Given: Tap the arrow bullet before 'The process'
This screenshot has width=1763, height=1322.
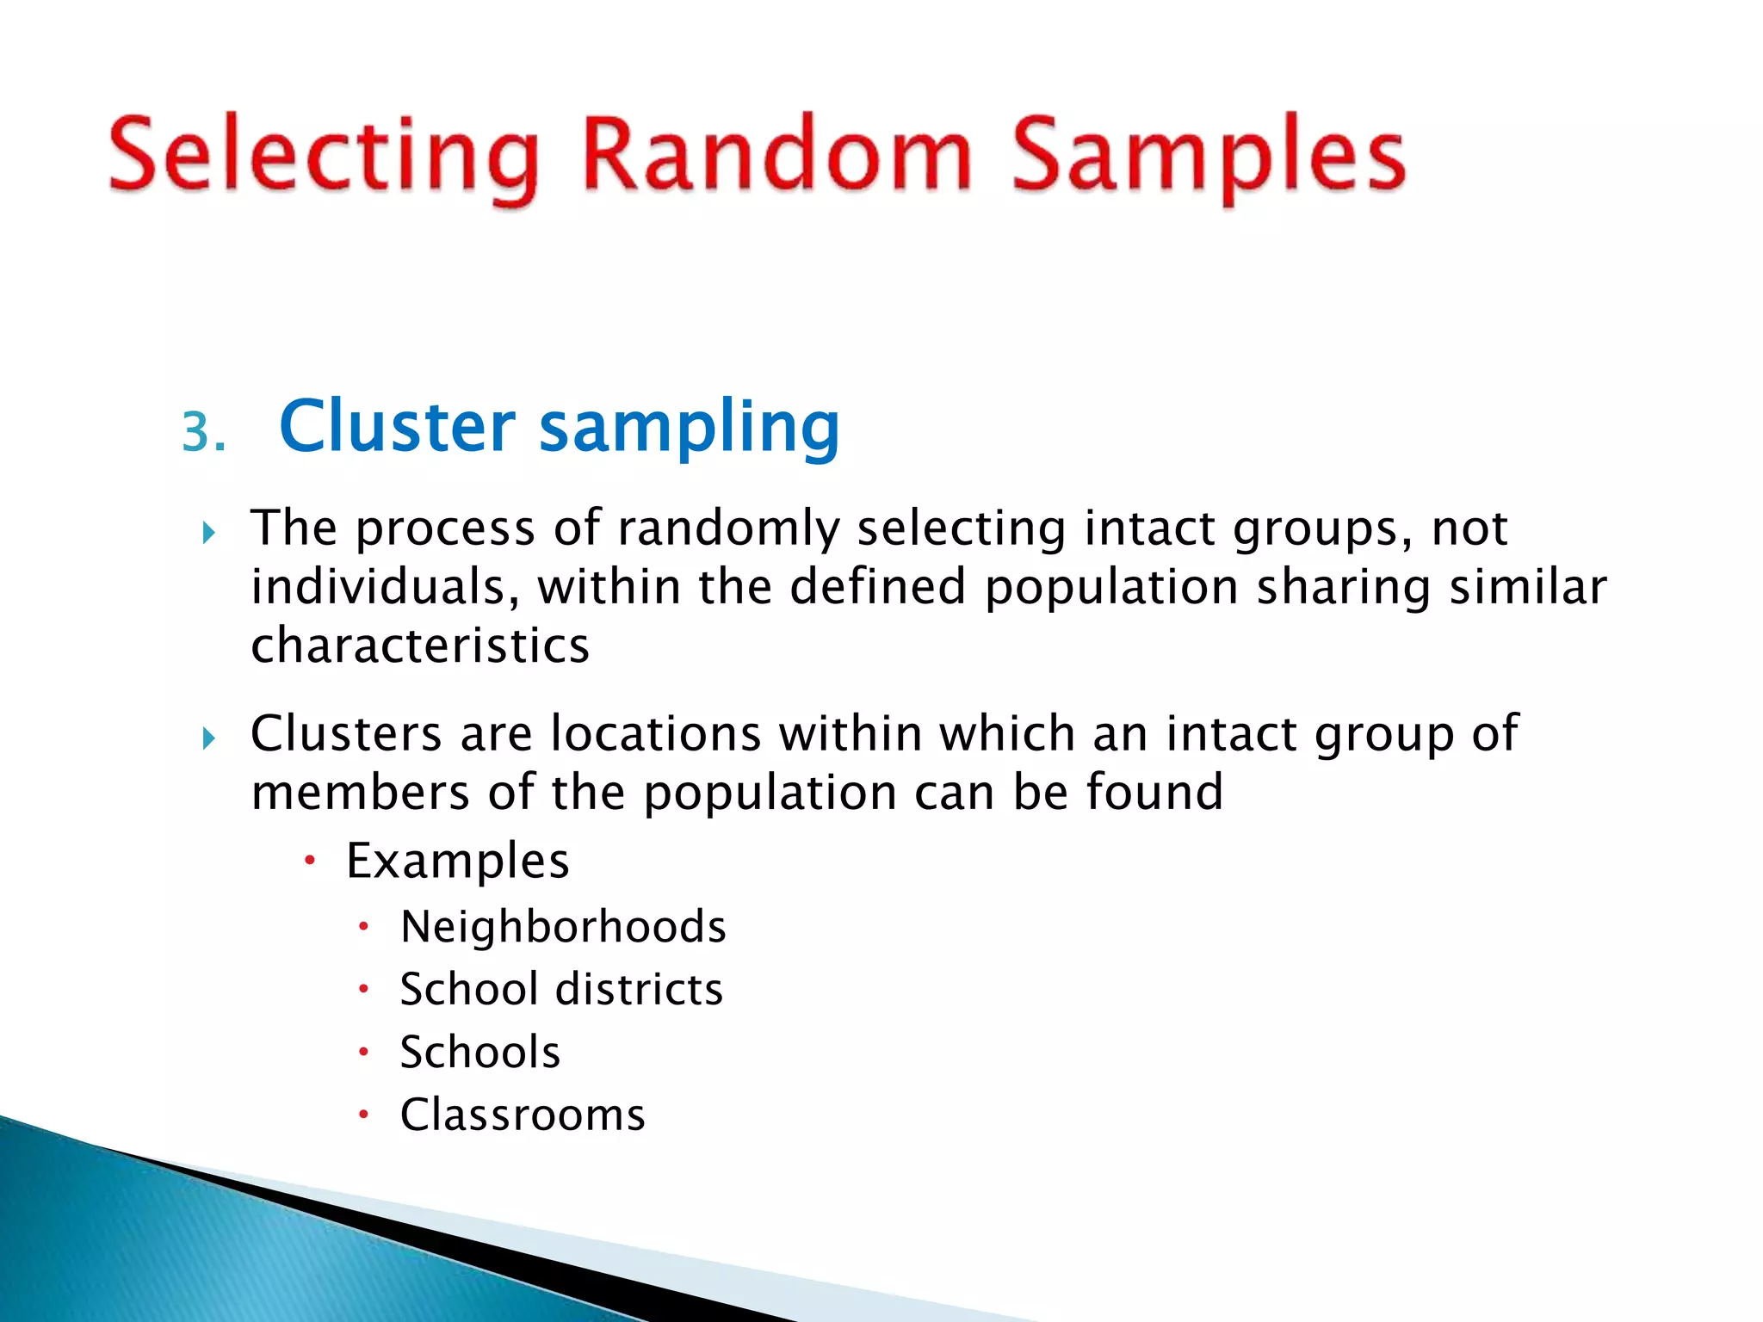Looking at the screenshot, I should coord(208,534).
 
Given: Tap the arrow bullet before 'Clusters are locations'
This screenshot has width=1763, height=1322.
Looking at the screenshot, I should coord(208,738).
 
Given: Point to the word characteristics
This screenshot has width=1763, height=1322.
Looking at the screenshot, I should coord(420,646).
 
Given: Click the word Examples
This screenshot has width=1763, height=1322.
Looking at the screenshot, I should coord(457,861).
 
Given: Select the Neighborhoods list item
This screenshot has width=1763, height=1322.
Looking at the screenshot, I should coord(563,928).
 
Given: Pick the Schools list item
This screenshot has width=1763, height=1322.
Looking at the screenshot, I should coord(480,1053).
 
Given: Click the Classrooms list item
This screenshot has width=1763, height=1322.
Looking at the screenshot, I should coord(523,1115).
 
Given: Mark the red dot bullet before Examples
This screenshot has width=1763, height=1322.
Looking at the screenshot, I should coord(311,860).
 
